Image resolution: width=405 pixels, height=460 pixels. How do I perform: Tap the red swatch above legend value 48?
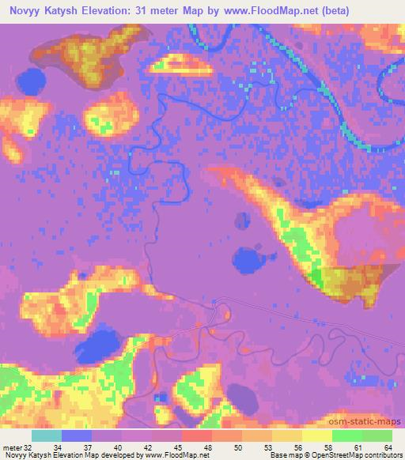[196, 435]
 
